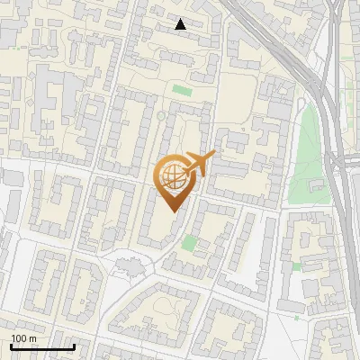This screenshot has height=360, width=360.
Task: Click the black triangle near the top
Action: (181, 24)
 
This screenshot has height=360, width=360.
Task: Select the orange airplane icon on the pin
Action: (197, 164)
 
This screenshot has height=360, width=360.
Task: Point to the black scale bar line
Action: (42, 346)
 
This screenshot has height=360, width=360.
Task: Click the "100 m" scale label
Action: (23, 338)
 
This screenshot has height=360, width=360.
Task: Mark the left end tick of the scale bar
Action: (12, 346)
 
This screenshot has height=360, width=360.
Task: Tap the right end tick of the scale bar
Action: (74, 346)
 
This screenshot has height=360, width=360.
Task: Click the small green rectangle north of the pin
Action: (183, 90)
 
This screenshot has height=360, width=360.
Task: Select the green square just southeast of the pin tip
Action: (188, 242)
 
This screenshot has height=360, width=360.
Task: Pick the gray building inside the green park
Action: (317, 186)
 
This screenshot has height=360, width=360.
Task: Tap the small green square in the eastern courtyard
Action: (296, 266)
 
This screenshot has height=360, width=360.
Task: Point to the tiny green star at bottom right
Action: (298, 317)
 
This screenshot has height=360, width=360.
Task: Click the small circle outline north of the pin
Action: (161, 116)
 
